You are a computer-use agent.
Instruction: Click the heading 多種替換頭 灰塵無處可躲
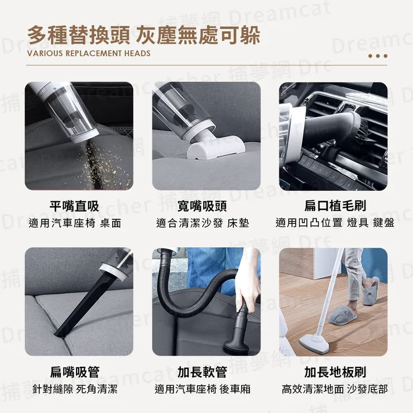(143, 35)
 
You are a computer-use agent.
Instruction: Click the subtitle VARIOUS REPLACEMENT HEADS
(89, 54)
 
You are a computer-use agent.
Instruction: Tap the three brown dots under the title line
(378, 56)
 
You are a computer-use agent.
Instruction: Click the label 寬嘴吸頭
(202, 206)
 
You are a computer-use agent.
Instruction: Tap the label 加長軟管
(202, 372)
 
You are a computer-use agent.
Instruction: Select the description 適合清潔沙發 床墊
(202, 223)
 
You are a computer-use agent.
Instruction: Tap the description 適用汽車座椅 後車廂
(202, 389)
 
